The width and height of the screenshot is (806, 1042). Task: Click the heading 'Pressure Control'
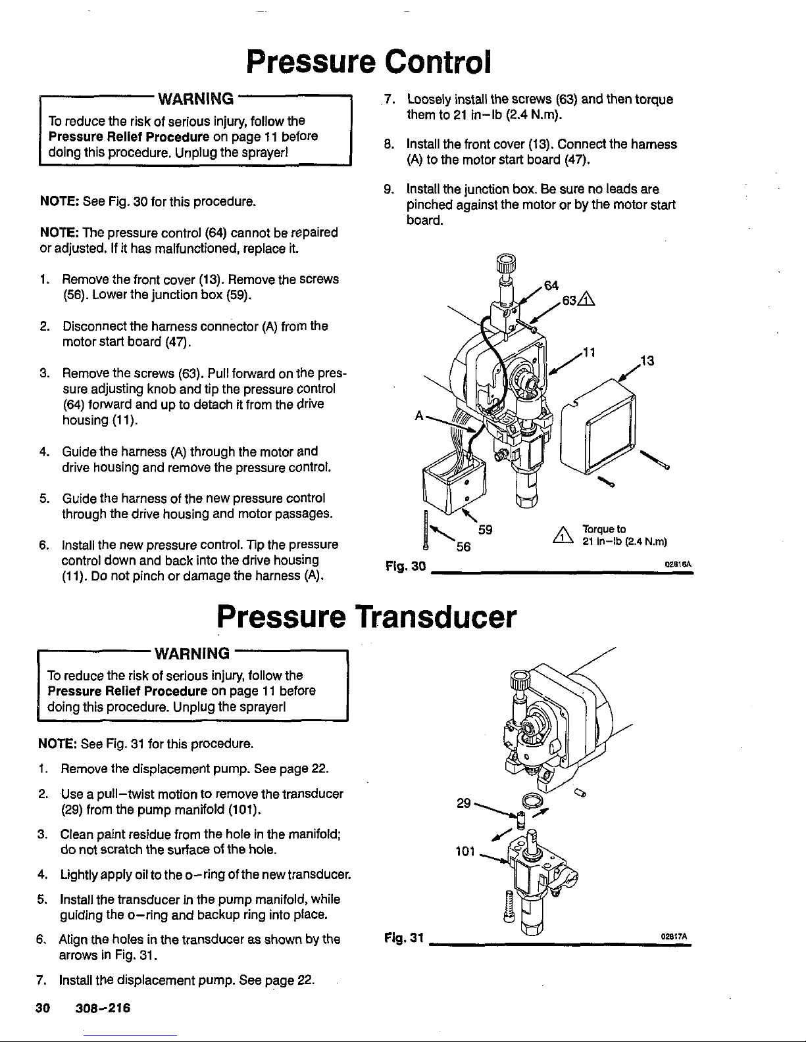coord(368,62)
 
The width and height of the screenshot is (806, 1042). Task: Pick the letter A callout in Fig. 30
coord(418,416)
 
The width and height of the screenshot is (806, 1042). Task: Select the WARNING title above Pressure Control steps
coord(194,99)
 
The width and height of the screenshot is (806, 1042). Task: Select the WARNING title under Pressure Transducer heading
coord(191,653)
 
